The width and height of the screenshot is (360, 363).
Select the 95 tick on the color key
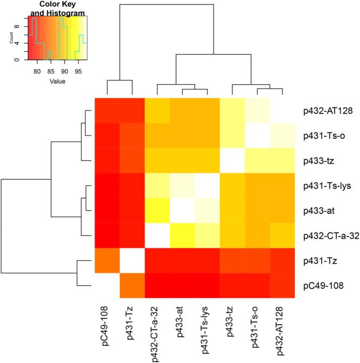78,70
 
